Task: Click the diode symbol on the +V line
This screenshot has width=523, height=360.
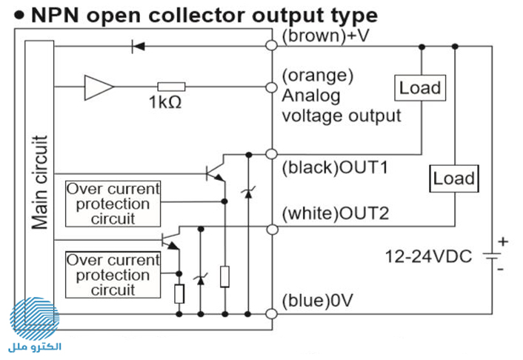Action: tap(138, 46)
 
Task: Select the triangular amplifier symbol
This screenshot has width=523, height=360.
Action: tap(99, 87)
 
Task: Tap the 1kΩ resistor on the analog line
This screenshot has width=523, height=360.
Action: tap(171, 87)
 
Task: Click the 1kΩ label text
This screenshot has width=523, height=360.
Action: tap(165, 102)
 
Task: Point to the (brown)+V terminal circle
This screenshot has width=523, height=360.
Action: tap(272, 45)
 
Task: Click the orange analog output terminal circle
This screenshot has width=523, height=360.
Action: tap(272, 87)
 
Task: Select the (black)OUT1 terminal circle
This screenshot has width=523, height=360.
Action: tap(272, 154)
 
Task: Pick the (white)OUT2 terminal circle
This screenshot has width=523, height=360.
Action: tap(272, 229)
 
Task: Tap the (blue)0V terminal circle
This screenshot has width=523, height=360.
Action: tap(272, 313)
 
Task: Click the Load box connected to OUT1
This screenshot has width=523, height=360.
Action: tap(420, 87)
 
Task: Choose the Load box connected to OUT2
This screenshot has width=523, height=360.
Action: tap(454, 179)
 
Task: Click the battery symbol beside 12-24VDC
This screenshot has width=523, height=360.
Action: tap(492, 256)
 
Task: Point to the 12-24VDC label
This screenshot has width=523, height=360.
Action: tap(429, 256)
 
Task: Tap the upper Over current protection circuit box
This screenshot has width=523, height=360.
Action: tap(113, 204)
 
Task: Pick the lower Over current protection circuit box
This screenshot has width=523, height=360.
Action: tap(113, 275)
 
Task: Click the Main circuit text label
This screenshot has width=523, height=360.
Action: tap(40, 182)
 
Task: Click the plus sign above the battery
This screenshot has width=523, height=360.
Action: tap(503, 241)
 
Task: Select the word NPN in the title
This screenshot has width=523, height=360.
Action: tap(55, 16)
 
